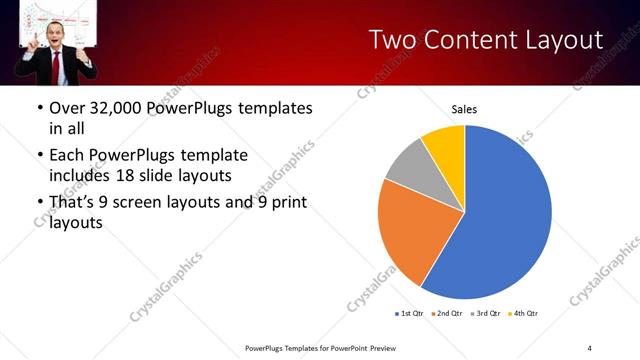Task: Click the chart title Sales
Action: click(464, 109)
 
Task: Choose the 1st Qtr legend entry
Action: click(410, 314)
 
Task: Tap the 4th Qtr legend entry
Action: click(525, 314)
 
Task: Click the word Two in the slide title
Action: click(390, 40)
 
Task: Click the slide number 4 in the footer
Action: click(590, 347)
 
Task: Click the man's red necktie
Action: click(57, 66)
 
